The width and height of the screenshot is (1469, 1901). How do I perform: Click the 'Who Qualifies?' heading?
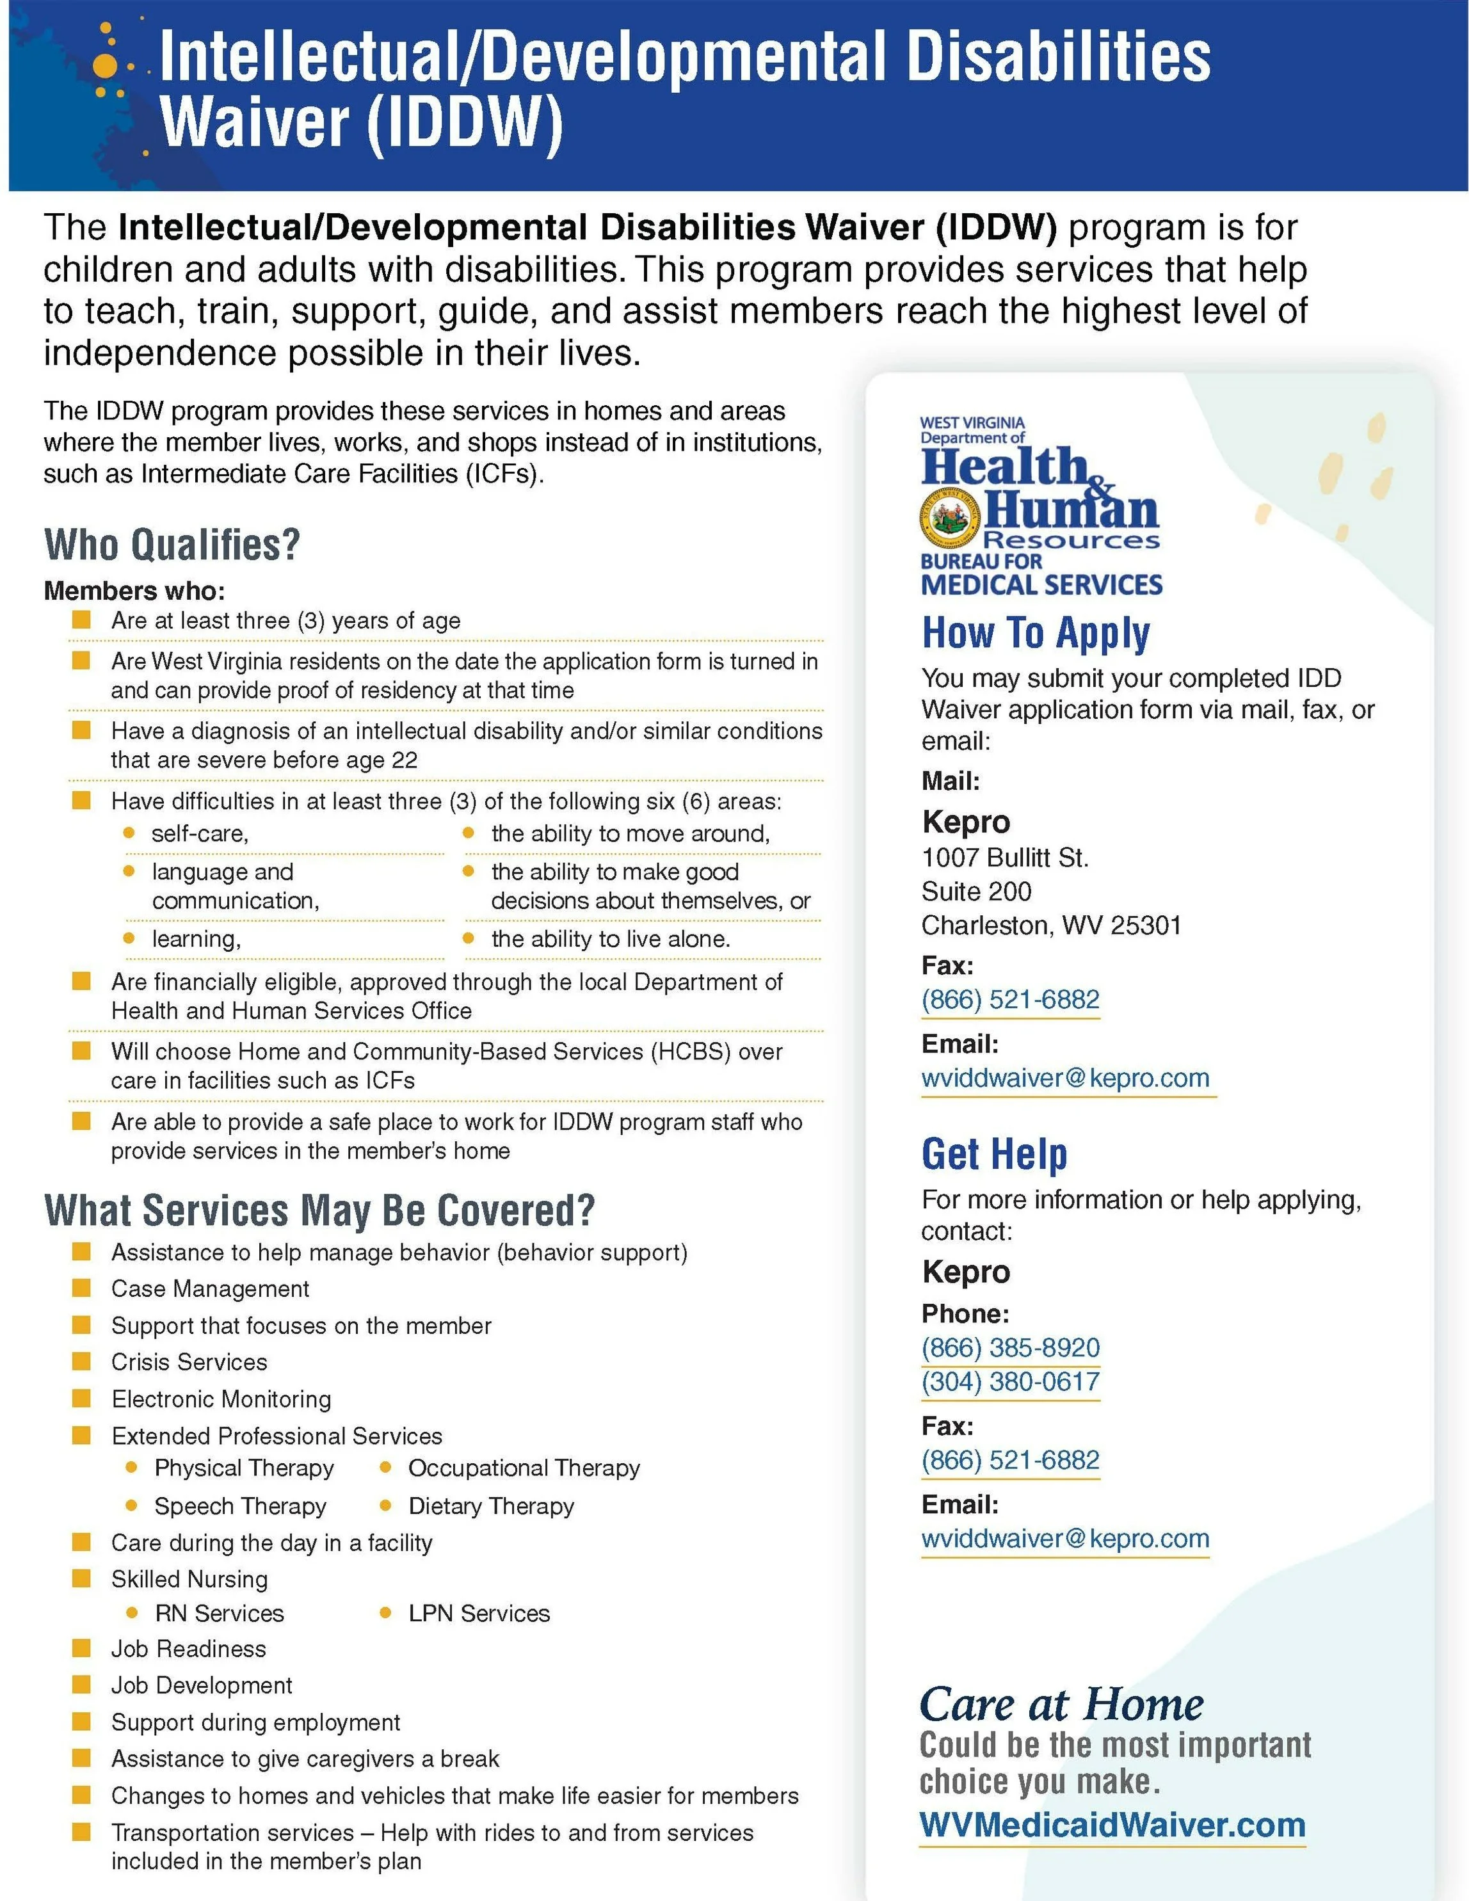(x=172, y=545)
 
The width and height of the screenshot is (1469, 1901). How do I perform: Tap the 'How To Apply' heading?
(x=1036, y=633)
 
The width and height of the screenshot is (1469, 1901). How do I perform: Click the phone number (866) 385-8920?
(x=1010, y=1347)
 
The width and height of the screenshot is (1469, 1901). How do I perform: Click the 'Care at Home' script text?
(x=1061, y=1704)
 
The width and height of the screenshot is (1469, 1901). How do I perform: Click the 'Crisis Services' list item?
(x=189, y=1362)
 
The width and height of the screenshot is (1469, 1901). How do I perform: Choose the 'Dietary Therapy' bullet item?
(x=491, y=1506)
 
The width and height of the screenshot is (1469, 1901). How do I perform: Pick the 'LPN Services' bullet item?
(x=479, y=1613)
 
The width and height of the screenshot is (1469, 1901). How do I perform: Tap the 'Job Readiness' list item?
(x=188, y=1649)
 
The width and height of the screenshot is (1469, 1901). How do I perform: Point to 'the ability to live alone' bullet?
(x=610, y=938)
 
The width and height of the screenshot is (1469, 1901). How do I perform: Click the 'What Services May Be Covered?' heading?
(x=319, y=1211)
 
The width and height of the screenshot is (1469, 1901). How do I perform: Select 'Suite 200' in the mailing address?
(x=975, y=892)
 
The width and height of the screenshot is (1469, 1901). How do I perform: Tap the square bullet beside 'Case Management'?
(x=81, y=1288)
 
